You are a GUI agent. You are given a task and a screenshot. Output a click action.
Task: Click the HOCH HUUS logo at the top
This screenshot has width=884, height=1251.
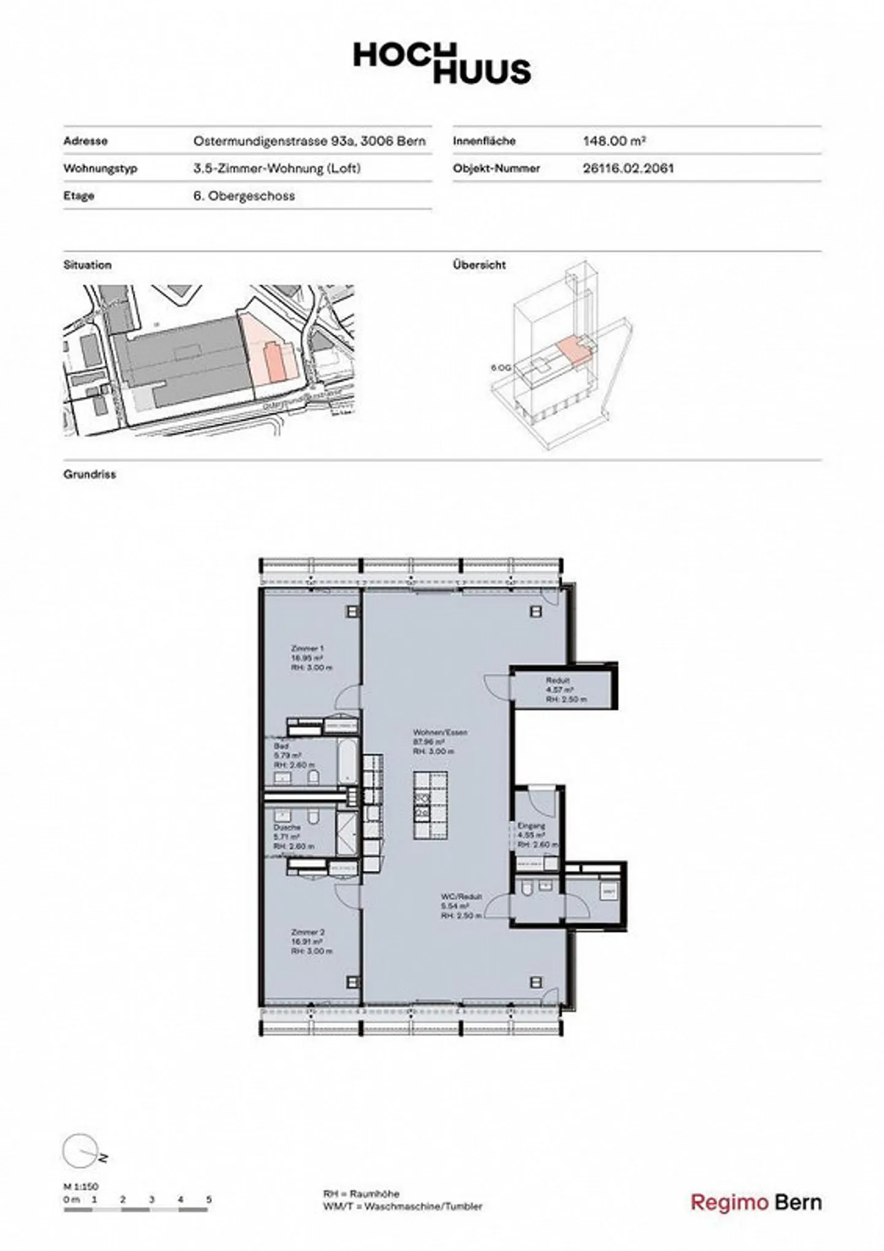[x=441, y=63]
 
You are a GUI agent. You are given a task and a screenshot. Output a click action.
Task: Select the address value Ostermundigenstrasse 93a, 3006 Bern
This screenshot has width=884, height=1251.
[x=309, y=140]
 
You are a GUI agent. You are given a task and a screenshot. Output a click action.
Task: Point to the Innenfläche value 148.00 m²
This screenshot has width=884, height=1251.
[x=613, y=140]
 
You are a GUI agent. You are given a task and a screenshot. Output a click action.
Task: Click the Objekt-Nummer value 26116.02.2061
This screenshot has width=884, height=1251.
[x=628, y=168]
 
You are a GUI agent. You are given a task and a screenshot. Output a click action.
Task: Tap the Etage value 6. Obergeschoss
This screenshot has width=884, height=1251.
[x=244, y=196]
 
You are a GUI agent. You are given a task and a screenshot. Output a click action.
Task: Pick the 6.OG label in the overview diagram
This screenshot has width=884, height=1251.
[x=500, y=368]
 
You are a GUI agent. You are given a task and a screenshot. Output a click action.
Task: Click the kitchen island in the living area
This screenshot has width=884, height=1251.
[x=430, y=806]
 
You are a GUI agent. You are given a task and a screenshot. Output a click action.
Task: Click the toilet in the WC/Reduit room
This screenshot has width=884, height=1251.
[x=527, y=888]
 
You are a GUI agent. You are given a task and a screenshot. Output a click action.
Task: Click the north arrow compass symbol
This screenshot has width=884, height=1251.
[x=82, y=1150]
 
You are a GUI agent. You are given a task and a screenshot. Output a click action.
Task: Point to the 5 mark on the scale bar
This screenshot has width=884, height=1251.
[x=209, y=1199]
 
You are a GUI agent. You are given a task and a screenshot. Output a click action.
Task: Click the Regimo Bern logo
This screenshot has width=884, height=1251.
[x=756, y=1202]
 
